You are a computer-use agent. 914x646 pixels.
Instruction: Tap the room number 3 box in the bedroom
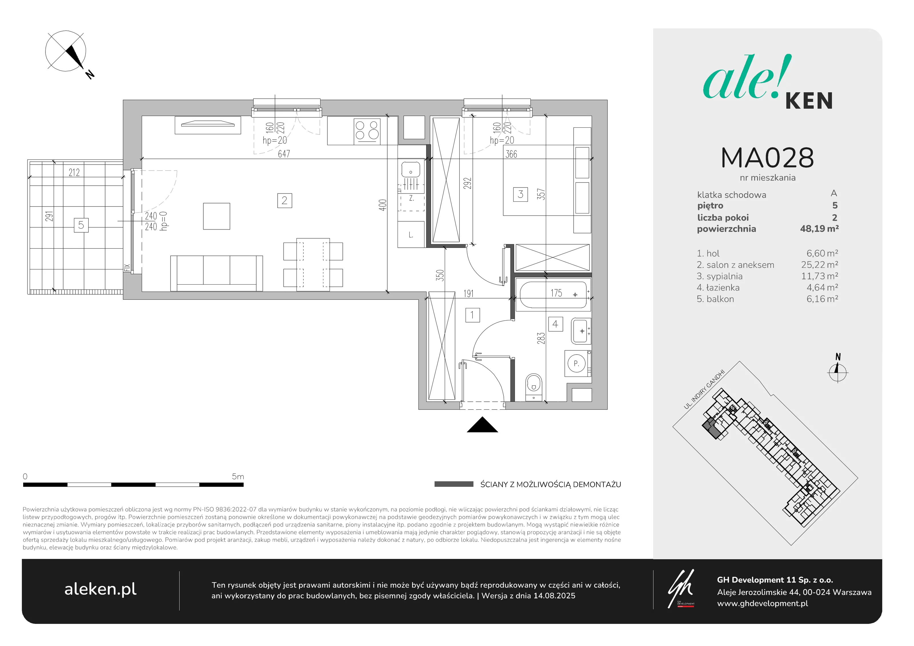click(x=520, y=194)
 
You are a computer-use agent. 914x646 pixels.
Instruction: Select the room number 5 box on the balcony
click(x=81, y=225)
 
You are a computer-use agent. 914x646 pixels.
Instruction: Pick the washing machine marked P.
click(x=577, y=363)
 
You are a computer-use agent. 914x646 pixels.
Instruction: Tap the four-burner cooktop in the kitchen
click(x=367, y=131)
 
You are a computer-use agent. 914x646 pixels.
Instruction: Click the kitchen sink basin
click(x=410, y=170)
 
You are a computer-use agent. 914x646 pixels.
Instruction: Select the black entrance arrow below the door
click(x=482, y=425)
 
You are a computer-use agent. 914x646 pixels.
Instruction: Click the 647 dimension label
click(x=284, y=154)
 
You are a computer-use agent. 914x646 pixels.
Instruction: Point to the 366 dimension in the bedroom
click(x=511, y=154)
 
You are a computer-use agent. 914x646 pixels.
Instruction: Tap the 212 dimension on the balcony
click(x=74, y=173)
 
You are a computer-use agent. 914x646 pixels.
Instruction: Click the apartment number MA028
click(x=767, y=158)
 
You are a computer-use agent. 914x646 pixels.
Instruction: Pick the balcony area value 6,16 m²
click(x=822, y=299)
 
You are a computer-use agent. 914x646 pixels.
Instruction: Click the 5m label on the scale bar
click(x=238, y=476)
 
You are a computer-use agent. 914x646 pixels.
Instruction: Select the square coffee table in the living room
click(x=217, y=216)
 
